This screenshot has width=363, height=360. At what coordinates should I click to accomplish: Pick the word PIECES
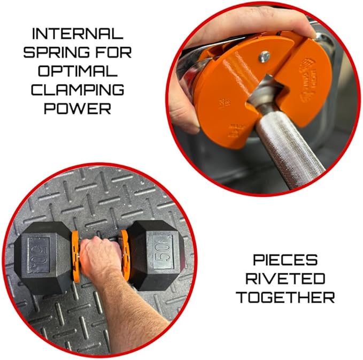[285, 261]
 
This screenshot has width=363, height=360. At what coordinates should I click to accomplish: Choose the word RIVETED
[285, 279]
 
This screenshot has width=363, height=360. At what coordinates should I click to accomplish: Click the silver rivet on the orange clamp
[265, 56]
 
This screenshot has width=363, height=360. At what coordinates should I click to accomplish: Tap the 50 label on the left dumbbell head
[37, 251]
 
